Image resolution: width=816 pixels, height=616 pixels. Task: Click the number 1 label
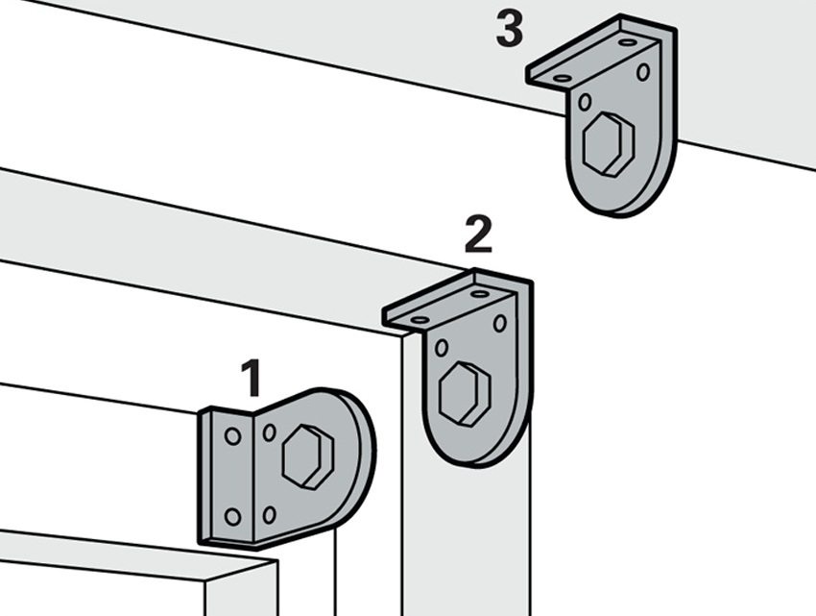pyautogui.click(x=252, y=378)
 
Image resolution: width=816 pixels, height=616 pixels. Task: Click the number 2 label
pyautogui.click(x=478, y=234)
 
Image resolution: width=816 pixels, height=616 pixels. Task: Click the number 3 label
pyautogui.click(x=510, y=29)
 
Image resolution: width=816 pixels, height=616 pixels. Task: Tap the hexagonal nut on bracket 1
pyautogui.click(x=307, y=457)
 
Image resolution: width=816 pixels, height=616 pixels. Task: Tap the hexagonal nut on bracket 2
pyautogui.click(x=465, y=394)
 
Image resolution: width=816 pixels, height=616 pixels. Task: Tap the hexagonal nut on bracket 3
pyautogui.click(x=609, y=144)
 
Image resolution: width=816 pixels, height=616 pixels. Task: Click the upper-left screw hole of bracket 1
pyautogui.click(x=232, y=436)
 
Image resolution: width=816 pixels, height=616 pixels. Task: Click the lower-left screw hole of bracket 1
pyautogui.click(x=232, y=517)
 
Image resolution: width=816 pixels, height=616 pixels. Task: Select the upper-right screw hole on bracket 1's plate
pyautogui.click(x=270, y=432)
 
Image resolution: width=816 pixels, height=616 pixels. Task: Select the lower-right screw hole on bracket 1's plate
pyautogui.click(x=269, y=515)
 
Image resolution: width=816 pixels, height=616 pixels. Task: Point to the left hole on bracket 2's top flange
pyautogui.click(x=420, y=319)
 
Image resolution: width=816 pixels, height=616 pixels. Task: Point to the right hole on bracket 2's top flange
pyautogui.click(x=480, y=294)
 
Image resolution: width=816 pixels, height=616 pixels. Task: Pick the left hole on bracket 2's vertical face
pyautogui.click(x=442, y=348)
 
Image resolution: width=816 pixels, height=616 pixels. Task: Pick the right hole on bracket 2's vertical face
pyautogui.click(x=499, y=323)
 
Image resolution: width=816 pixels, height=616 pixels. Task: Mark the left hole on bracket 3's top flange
pyautogui.click(x=563, y=78)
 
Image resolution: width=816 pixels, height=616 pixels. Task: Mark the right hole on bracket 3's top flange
pyautogui.click(x=628, y=42)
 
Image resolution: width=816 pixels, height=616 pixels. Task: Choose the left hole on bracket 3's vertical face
pyautogui.click(x=585, y=102)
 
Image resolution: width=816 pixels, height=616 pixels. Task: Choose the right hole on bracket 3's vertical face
pyautogui.click(x=643, y=72)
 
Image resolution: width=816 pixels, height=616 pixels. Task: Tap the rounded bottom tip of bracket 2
pyautogui.click(x=474, y=465)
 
